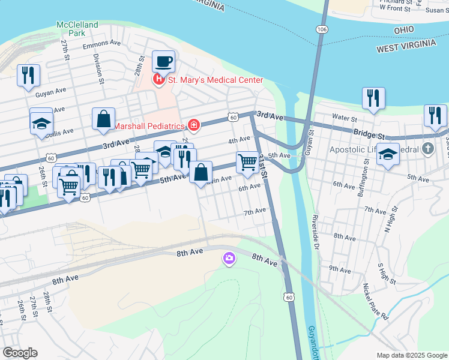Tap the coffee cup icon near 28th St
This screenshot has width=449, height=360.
(163, 61)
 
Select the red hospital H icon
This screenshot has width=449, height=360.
(159, 80)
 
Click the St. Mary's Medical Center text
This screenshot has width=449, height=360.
(215, 80)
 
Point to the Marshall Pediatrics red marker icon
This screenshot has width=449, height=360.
(193, 125)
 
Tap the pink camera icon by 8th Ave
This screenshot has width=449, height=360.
(229, 259)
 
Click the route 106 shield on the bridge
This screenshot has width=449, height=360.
(322, 29)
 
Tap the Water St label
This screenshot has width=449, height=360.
(345, 119)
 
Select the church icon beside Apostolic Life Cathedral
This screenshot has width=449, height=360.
(427, 148)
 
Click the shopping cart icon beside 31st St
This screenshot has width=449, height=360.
(247, 162)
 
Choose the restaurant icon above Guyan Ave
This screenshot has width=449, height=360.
(28, 75)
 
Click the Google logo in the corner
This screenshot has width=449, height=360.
(20, 353)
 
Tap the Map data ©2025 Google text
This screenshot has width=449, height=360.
(411, 355)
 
